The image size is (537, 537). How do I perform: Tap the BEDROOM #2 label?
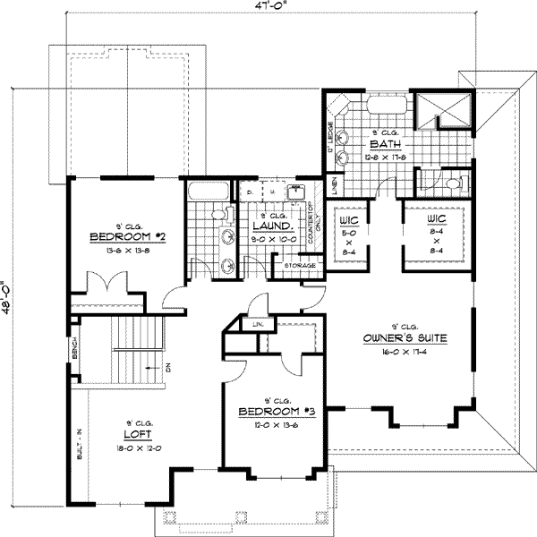(x=131, y=237)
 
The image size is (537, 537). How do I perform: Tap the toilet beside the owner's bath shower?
(x=454, y=183)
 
